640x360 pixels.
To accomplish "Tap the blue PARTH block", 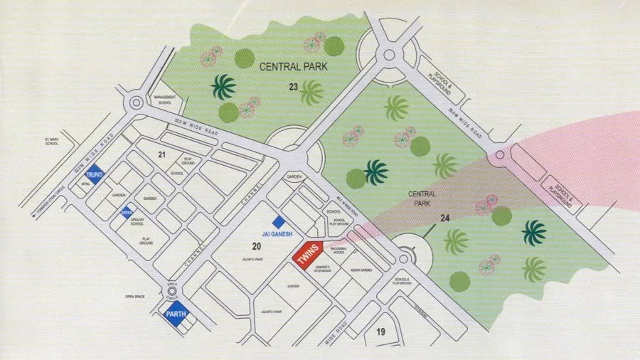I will [176, 313].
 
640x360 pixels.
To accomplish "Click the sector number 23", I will [293, 87].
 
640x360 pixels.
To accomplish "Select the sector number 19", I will [380, 331].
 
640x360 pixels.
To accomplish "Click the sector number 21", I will [161, 154].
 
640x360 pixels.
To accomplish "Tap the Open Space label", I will [134, 296].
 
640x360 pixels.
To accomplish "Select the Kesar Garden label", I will [362, 270].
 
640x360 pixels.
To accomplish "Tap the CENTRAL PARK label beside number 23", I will [293, 67].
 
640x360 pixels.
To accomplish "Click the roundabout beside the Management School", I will [134, 104].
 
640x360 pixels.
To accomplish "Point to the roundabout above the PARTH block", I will [171, 291].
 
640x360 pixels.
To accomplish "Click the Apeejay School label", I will [138, 222].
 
